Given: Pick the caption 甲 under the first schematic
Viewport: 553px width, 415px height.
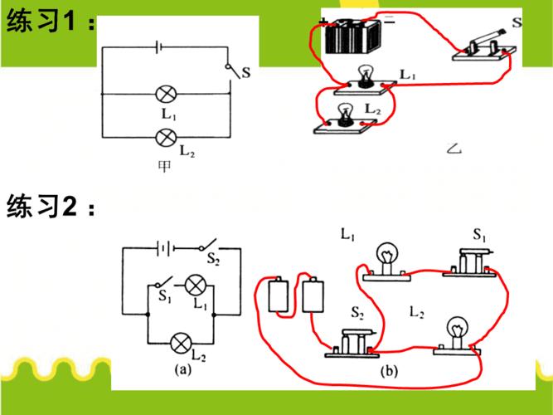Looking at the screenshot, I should pyautogui.click(x=165, y=166).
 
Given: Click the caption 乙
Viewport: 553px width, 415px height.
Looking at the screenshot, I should pyautogui.click(x=453, y=149).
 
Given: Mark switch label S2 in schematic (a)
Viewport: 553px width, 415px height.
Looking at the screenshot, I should pyautogui.click(x=214, y=260).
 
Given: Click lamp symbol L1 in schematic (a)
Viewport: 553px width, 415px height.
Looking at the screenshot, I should pyautogui.click(x=195, y=286).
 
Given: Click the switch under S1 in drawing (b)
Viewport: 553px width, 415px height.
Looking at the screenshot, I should pyautogui.click(x=473, y=261).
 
